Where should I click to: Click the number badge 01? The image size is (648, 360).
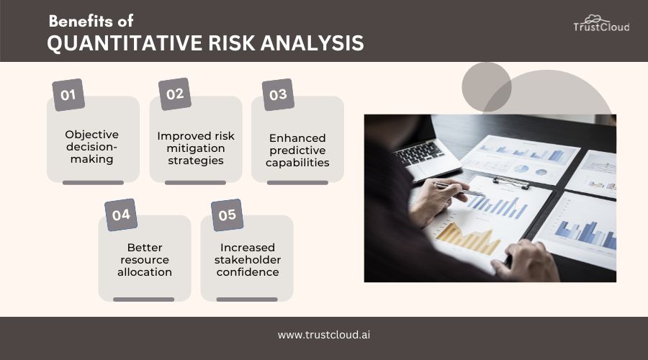(68, 95)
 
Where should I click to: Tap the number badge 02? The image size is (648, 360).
(175, 94)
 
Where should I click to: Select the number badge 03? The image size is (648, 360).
(278, 95)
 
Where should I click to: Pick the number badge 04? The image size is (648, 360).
(120, 215)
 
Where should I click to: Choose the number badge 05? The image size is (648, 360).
(227, 215)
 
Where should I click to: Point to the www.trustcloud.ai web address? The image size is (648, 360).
(324, 335)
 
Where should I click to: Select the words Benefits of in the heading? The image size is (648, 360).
(91, 21)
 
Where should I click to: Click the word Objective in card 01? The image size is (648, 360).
(92, 134)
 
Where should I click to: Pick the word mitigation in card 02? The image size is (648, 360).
(195, 148)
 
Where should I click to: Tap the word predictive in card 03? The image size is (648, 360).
(297, 150)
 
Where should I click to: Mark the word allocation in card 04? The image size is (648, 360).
(145, 272)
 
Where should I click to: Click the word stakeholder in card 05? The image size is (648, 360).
(247, 260)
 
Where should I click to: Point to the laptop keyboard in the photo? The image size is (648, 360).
(419, 153)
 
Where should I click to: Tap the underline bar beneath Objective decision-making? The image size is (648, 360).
(93, 182)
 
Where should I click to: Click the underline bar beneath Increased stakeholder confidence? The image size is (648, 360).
(247, 299)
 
